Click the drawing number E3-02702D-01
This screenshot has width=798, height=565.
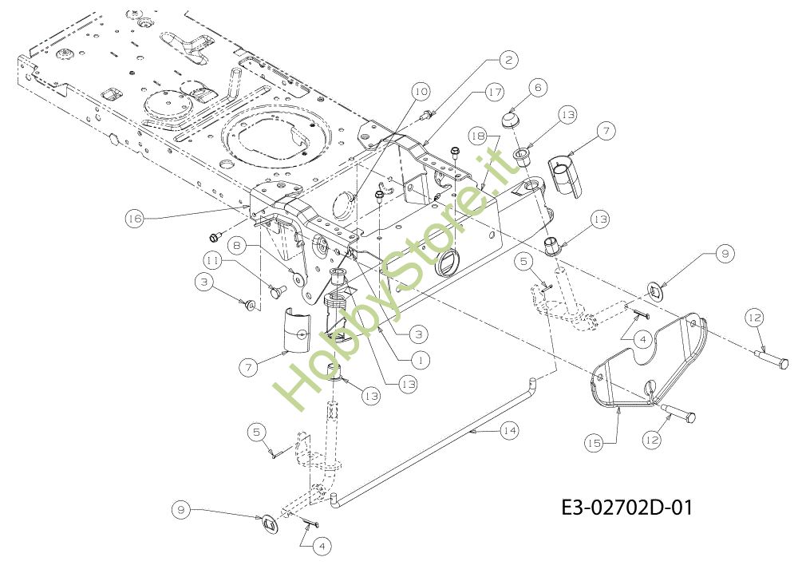[626, 507]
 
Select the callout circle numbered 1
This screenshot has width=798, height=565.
[422, 360]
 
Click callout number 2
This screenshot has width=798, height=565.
[508, 59]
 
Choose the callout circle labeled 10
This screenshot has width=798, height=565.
[421, 91]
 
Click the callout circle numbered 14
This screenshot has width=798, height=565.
[509, 429]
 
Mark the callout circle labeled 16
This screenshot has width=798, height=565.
[135, 217]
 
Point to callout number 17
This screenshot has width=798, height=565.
[494, 93]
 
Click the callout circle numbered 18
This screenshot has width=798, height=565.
[477, 136]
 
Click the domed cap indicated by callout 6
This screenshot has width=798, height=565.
[510, 121]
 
